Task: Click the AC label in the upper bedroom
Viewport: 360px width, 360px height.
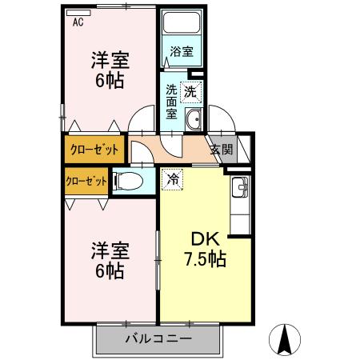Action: coord(78,22)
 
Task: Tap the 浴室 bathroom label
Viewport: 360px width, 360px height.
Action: coord(181,53)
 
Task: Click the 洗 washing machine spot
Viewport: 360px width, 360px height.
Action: coord(190,91)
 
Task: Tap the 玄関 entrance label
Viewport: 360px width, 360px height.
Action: coord(221,149)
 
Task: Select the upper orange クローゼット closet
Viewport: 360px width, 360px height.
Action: coord(94,150)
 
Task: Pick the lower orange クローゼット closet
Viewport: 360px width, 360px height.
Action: coord(86,181)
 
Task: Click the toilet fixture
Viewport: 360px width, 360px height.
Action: coord(130,182)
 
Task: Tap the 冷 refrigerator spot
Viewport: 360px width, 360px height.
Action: coord(172,179)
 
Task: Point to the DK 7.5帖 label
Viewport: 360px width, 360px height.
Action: coord(205,249)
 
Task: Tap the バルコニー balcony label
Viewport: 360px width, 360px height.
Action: coord(158,338)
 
